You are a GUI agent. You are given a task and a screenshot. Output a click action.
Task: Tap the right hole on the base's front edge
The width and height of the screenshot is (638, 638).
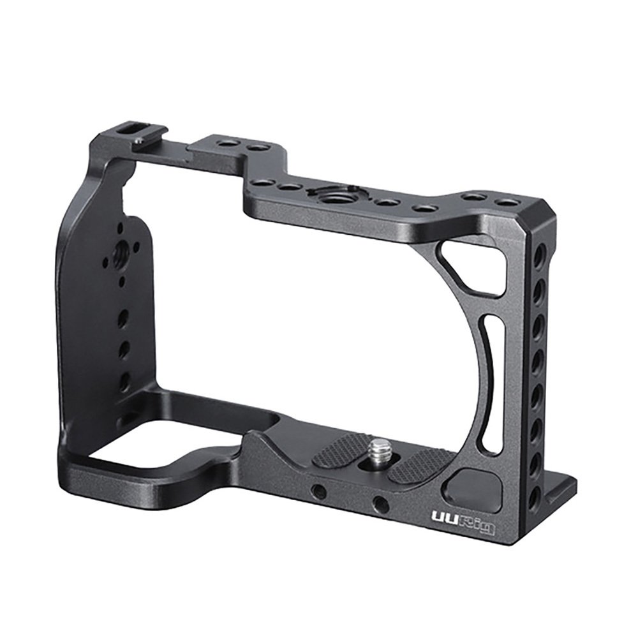[382, 504]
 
